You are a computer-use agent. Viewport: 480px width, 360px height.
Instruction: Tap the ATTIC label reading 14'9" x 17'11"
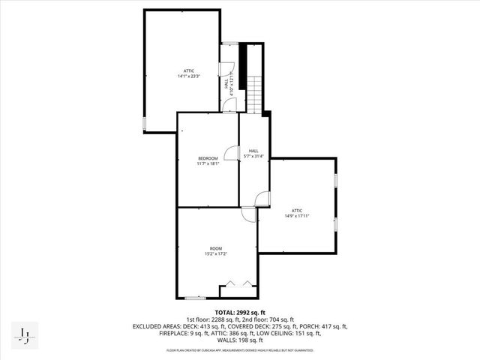tap(296, 213)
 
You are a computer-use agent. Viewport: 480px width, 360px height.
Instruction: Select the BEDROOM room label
tap(208, 160)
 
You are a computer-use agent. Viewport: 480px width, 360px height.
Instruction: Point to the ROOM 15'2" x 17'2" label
tap(216, 251)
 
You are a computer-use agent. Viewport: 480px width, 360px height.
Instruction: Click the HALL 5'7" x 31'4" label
tap(254, 154)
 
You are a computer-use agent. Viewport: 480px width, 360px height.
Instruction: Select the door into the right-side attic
tap(262, 199)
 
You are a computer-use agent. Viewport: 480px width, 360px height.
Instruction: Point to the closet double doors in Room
tap(238, 287)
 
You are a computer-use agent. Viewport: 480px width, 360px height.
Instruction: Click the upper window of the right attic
tap(335, 180)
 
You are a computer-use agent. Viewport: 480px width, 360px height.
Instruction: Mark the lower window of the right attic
tap(335, 223)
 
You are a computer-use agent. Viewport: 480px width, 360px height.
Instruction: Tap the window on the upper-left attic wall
tap(144, 123)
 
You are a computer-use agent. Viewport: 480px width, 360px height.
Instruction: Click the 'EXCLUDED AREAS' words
tap(158, 326)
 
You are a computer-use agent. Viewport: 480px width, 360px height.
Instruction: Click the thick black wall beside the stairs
tap(243, 60)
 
